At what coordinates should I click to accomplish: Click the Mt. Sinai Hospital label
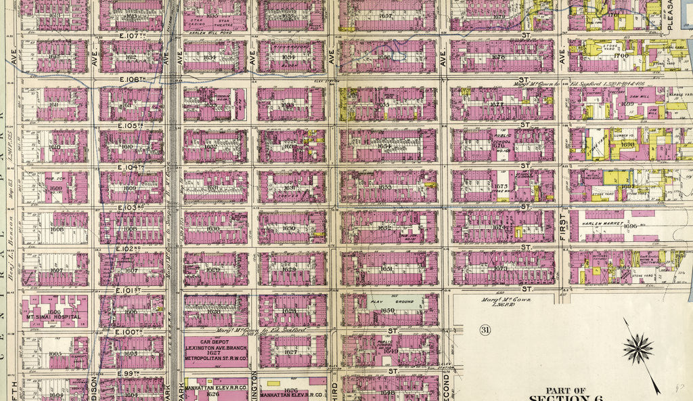[53, 316]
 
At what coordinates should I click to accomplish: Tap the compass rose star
[637, 350]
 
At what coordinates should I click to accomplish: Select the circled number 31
[484, 330]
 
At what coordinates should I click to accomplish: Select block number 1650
[388, 310]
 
